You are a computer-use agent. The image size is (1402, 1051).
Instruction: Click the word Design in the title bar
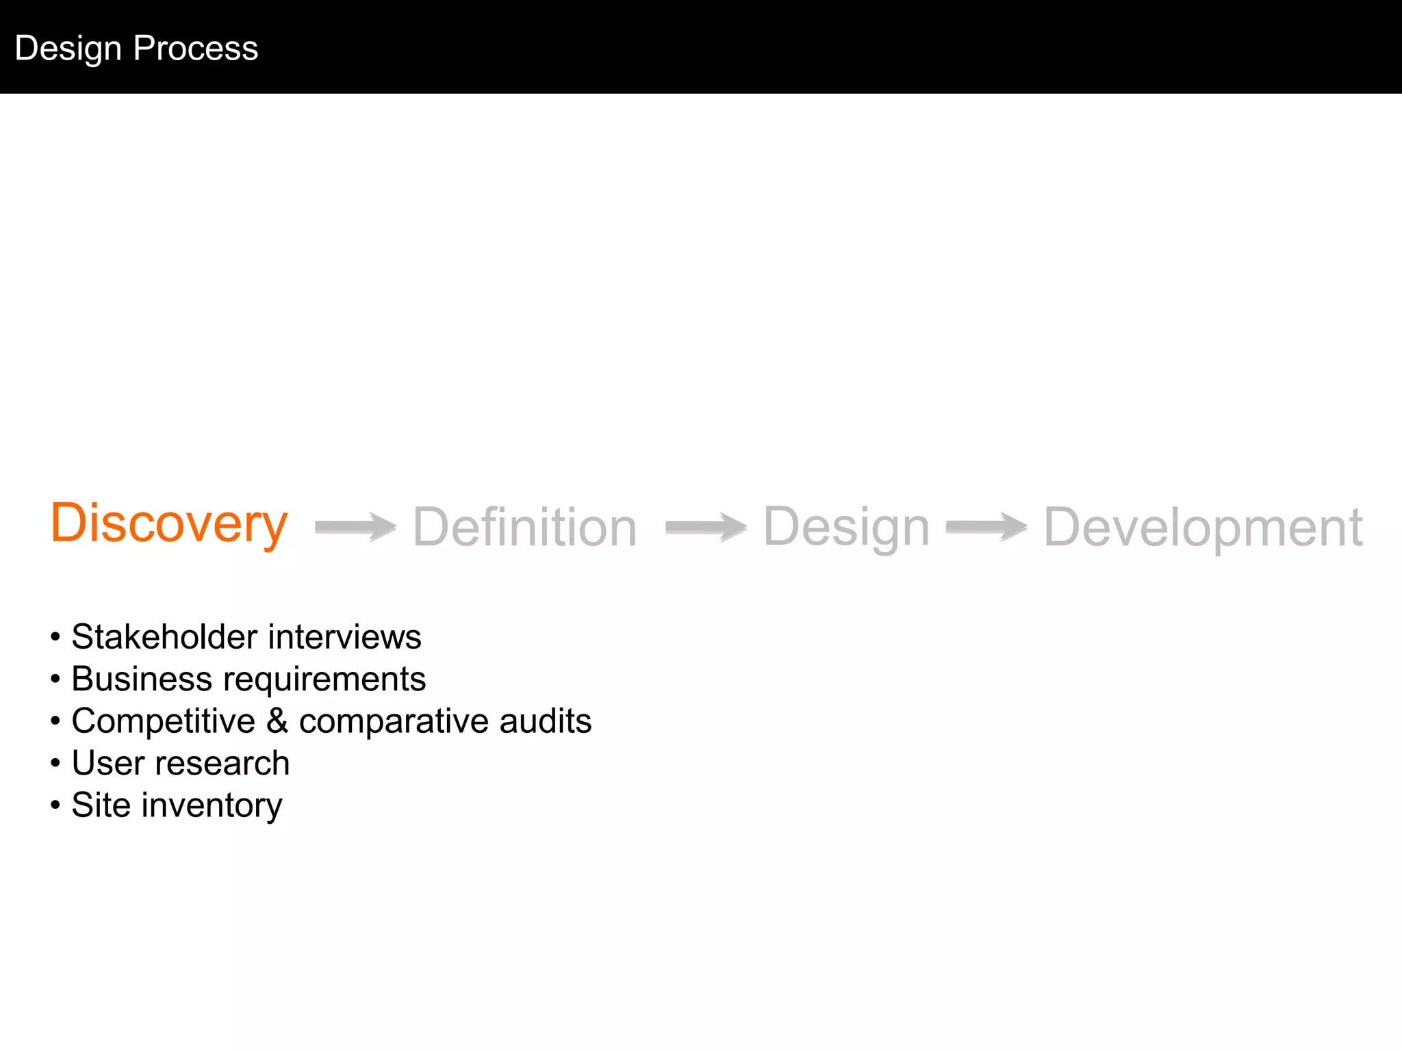pyautogui.click(x=68, y=49)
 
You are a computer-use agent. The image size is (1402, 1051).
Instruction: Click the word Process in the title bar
pyautogui.click(x=196, y=49)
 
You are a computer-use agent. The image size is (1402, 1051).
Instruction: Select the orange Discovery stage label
pyautogui.click(x=168, y=524)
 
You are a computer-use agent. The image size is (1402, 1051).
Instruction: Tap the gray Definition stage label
pyautogui.click(x=524, y=528)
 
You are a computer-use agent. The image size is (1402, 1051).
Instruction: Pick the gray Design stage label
pyautogui.click(x=846, y=528)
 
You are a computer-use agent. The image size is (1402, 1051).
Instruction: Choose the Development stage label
pyautogui.click(x=1203, y=528)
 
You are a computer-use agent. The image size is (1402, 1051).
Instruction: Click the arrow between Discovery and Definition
pyautogui.click(x=355, y=527)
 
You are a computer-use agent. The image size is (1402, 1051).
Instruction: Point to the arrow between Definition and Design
pyautogui.click(x=706, y=527)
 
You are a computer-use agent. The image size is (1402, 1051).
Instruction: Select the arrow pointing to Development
pyautogui.click(x=986, y=527)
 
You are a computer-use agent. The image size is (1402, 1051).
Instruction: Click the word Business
pyautogui.click(x=142, y=679)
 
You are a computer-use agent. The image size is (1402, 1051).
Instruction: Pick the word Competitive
pyautogui.click(x=163, y=722)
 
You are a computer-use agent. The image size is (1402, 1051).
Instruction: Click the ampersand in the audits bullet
pyautogui.click(x=277, y=721)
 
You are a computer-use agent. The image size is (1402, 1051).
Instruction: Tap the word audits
pyautogui.click(x=545, y=721)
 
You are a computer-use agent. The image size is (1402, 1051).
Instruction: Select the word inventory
pyautogui.click(x=212, y=806)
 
